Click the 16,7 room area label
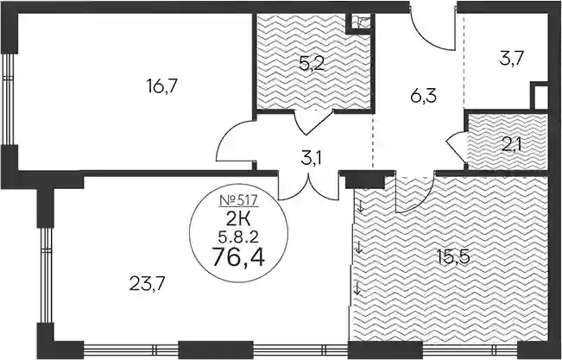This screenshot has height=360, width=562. tap(162, 86)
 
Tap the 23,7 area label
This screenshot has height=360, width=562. tap(147, 284)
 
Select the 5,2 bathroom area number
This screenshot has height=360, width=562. tap(312, 65)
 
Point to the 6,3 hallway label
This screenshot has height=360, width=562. tap(424, 96)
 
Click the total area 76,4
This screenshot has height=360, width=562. tap(238, 257)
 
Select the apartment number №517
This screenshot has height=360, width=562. tap(238, 200)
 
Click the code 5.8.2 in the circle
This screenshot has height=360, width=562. tap(238, 237)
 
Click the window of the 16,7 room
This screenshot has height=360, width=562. tap(9, 99)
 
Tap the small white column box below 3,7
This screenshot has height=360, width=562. tap(540, 96)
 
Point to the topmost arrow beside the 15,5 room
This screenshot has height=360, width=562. tap(361, 206)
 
